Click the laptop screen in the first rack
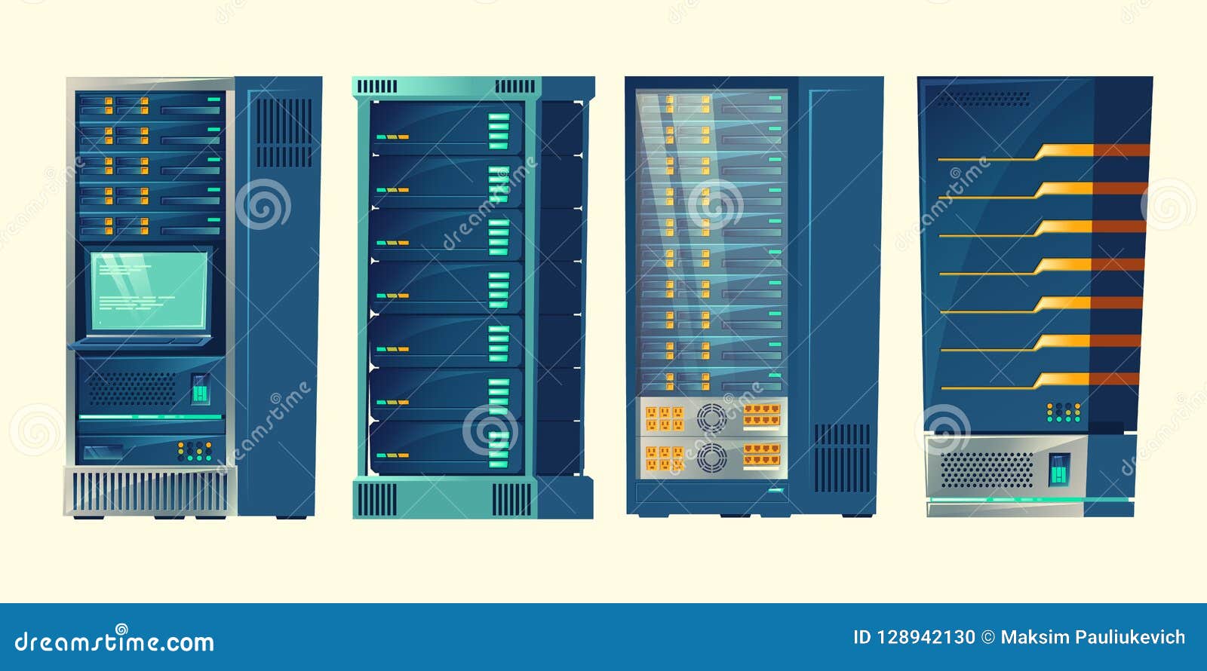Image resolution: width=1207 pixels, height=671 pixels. pos(149,290)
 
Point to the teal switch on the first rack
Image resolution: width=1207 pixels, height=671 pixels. pos(200,389)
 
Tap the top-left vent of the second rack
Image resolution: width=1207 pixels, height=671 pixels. pos(376,87)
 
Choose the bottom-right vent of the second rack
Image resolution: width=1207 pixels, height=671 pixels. pos(512,499)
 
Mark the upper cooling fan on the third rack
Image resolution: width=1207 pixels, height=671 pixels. pos(711,417)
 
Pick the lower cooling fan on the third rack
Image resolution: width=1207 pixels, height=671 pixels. pos(711,456)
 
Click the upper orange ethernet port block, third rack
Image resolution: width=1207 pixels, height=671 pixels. pos(762,414)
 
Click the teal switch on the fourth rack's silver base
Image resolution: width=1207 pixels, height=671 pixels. pos(1060,469)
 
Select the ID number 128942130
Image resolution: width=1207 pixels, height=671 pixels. pos(926,638)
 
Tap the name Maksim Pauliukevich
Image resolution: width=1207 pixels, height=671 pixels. pos(1092,638)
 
